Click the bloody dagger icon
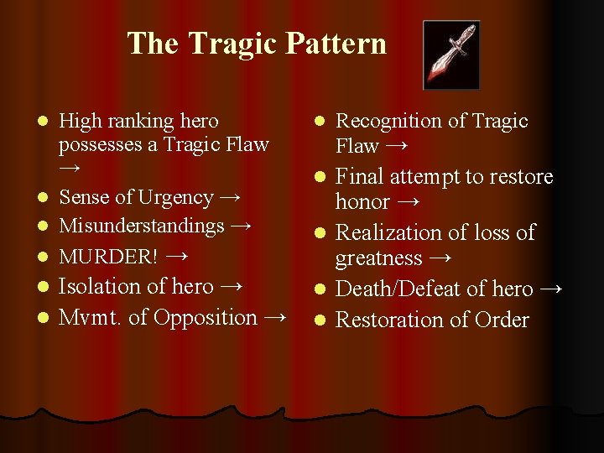(450, 55)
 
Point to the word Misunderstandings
(142, 226)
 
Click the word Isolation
(100, 286)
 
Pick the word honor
(362, 202)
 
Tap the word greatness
(378, 258)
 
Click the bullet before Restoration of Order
(320, 321)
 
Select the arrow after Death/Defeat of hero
(551, 289)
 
